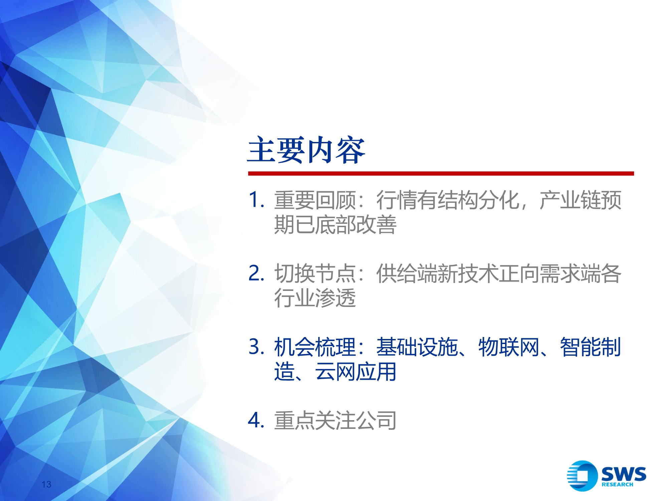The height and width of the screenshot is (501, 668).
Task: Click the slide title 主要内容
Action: tap(306, 150)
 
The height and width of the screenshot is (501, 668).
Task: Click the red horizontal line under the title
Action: tap(441, 173)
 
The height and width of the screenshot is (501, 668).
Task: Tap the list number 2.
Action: tap(256, 273)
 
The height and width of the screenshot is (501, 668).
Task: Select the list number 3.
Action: tap(256, 347)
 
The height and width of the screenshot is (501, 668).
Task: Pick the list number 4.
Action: tap(256, 420)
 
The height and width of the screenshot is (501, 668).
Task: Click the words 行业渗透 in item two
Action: tap(315, 298)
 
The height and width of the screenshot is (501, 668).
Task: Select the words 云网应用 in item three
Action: tap(355, 372)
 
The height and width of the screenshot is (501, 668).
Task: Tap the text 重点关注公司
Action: tap(335, 421)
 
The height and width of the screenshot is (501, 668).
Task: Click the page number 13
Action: tap(46, 484)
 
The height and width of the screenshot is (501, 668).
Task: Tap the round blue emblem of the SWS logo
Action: tap(582, 476)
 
